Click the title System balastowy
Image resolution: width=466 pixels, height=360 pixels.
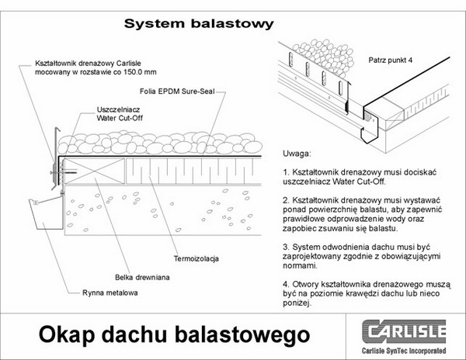point(199,24)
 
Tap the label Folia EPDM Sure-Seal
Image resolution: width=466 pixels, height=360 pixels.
point(177,91)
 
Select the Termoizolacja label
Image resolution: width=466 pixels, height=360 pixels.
point(196,259)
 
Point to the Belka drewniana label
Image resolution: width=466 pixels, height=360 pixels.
point(142,278)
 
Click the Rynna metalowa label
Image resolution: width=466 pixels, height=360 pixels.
point(110,293)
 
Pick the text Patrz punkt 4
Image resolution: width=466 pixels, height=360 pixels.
point(390,61)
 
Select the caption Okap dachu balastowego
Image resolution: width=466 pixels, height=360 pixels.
point(175,335)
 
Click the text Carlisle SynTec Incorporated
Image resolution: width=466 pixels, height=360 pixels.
point(404,351)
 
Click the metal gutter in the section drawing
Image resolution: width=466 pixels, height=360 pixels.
point(47,213)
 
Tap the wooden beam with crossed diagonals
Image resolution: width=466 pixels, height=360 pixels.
point(94,171)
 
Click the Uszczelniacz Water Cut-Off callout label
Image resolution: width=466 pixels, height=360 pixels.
point(120,114)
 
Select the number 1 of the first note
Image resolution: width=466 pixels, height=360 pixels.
point(286,172)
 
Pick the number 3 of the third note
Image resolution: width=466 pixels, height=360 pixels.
point(286,247)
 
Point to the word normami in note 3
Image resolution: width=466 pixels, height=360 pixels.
point(300,265)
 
